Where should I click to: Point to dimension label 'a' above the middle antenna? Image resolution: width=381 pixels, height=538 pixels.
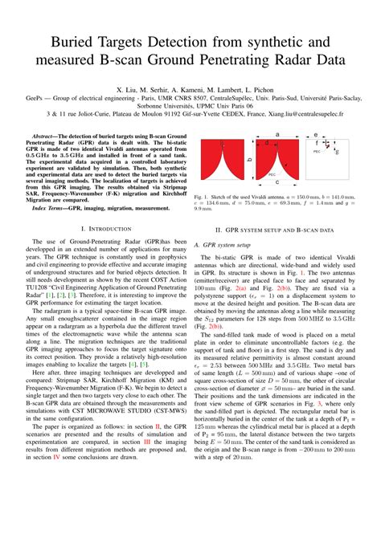click(x=277, y=135)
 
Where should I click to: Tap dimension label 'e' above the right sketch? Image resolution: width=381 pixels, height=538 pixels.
click(x=316, y=135)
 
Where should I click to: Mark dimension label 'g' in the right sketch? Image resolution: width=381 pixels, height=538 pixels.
click(x=337, y=151)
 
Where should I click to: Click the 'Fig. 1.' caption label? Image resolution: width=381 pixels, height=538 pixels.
click(x=201, y=197)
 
